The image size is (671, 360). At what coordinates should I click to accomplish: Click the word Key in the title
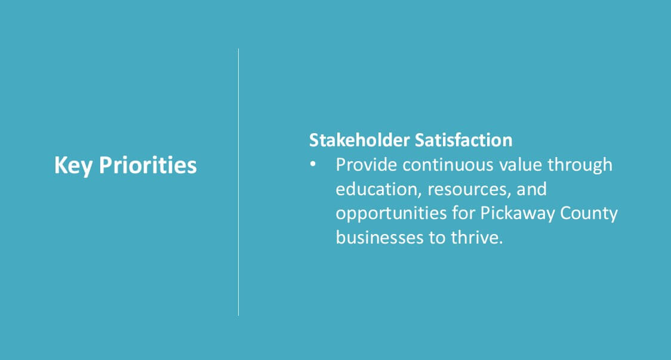(x=73, y=165)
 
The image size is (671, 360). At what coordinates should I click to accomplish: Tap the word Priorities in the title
(x=147, y=165)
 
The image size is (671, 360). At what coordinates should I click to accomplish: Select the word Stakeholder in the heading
(x=359, y=140)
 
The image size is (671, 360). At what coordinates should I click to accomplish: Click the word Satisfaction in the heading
(x=463, y=140)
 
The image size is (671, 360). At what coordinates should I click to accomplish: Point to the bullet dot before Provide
(x=313, y=164)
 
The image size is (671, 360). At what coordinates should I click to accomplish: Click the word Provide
(x=367, y=165)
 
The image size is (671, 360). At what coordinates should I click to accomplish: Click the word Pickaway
(x=518, y=214)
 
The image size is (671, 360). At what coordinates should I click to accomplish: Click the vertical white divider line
(x=238, y=182)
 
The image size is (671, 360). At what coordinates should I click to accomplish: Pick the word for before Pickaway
(x=463, y=213)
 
